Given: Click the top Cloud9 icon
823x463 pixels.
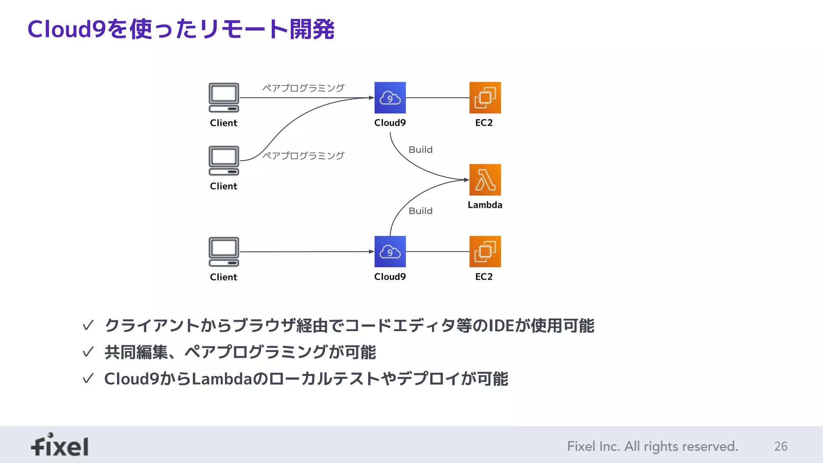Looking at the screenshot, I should point(390,98).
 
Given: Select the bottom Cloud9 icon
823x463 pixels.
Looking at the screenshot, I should point(390,252).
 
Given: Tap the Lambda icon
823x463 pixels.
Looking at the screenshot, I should point(485,180).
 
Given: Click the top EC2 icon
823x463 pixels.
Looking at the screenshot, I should point(485,98).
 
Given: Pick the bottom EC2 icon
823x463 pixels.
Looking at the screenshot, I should point(485,252).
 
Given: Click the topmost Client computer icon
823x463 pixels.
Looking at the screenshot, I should point(224,98).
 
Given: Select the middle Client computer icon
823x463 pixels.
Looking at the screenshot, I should point(224,161).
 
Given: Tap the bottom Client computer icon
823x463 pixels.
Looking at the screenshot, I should point(224,252).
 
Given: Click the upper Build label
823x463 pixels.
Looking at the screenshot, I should point(420,150).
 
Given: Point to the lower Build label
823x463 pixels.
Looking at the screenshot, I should point(420,211).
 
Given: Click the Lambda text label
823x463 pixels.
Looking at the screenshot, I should point(485,205).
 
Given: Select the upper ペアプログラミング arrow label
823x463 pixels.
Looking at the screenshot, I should point(303,88).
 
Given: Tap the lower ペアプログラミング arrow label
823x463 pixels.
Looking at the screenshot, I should point(303,156).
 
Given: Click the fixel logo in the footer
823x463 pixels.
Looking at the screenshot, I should point(60,445).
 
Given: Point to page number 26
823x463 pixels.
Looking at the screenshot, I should point(780,446).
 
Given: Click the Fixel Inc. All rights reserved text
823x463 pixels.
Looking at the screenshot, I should point(652,446).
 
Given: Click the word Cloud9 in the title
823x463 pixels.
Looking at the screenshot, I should point(66,29).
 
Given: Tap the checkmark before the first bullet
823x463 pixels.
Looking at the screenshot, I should point(88,325).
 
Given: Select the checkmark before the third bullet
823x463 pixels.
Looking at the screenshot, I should point(88,379).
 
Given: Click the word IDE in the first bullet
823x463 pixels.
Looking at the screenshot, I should point(501,326).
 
